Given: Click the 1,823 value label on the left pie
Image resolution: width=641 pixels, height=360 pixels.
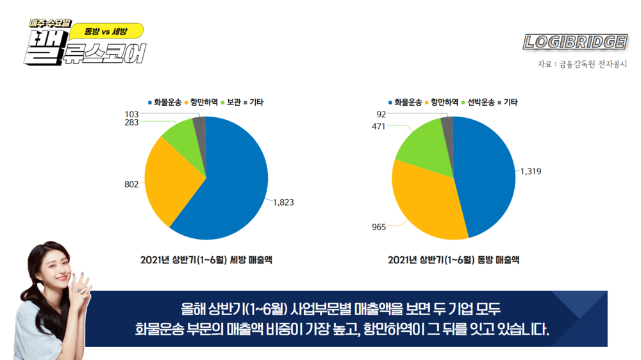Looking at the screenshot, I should pyautogui.click(x=283, y=202).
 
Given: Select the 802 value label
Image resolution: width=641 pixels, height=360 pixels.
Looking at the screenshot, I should pyautogui.click(x=131, y=184).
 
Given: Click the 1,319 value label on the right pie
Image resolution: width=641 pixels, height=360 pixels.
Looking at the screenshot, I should pyautogui.click(x=531, y=171).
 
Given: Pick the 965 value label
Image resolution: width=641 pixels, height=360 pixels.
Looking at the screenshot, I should pyautogui.click(x=378, y=227).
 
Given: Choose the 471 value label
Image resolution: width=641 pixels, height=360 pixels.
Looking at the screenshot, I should pyautogui.click(x=379, y=127).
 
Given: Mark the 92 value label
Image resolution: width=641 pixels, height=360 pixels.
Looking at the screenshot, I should pyautogui.click(x=381, y=114).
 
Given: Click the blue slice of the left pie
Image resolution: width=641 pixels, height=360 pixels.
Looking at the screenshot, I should pyautogui.click(x=231, y=179).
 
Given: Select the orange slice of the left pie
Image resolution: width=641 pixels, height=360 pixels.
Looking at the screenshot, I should pyautogui.click(x=167, y=179).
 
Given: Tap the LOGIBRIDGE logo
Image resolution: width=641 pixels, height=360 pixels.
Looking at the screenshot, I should pyautogui.click(x=574, y=42).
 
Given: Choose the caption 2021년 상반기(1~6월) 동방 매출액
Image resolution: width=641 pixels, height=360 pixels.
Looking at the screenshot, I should pyautogui.click(x=453, y=260).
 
